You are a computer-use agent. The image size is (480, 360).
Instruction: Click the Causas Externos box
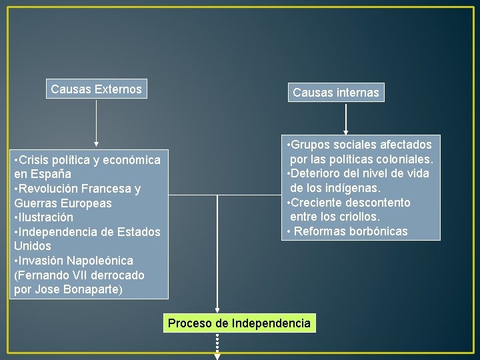click(96, 89)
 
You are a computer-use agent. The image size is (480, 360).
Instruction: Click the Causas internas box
click(336, 93)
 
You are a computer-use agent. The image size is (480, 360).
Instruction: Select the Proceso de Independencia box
click(239, 323)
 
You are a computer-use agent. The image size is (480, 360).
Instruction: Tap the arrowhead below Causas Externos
click(97, 143)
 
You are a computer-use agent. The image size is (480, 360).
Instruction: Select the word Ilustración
click(45, 217)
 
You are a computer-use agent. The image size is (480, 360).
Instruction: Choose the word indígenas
click(351, 188)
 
